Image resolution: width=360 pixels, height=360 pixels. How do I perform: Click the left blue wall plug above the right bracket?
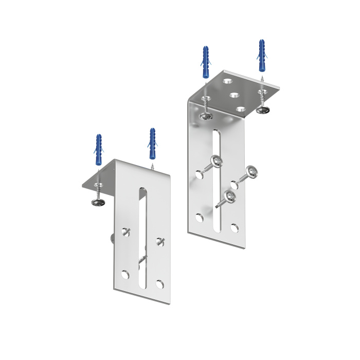point(206,61)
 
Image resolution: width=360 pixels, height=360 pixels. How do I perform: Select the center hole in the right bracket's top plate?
point(234,95)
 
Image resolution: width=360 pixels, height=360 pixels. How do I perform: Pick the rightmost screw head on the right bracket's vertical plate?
point(251,172)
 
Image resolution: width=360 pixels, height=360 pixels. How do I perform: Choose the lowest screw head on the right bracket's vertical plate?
point(229,196)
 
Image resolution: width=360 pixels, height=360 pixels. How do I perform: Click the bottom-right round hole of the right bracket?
point(235,227)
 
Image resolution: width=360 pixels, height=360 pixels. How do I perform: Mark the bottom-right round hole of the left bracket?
point(160,283)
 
